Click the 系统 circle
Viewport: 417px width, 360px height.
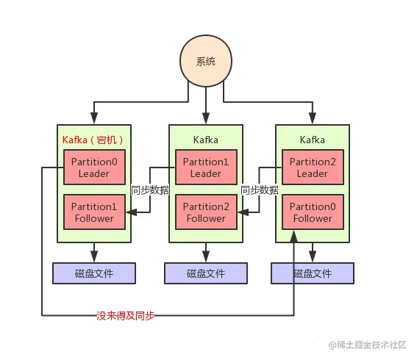tap(207, 61)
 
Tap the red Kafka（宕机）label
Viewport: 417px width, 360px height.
tap(93, 140)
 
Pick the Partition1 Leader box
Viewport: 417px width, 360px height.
tap(206, 168)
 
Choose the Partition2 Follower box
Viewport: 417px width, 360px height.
tap(206, 212)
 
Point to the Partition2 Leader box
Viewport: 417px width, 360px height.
tap(313, 168)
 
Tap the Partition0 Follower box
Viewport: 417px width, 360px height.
tap(313, 212)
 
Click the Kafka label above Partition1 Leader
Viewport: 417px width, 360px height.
tap(206, 140)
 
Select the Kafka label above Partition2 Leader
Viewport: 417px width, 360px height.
tap(313, 140)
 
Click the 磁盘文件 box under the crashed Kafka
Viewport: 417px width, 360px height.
tap(94, 273)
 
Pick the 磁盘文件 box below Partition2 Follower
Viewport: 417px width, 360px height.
tap(206, 273)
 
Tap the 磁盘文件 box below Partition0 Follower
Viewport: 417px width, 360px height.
tap(313, 273)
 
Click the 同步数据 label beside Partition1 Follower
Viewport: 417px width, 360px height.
tap(149, 190)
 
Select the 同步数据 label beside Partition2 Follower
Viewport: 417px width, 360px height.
tap(260, 190)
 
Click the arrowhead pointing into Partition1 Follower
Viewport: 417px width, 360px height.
tap(130, 212)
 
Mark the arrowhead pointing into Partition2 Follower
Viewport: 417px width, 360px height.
tap(240, 212)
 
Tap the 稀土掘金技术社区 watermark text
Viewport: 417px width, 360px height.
tap(372, 345)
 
